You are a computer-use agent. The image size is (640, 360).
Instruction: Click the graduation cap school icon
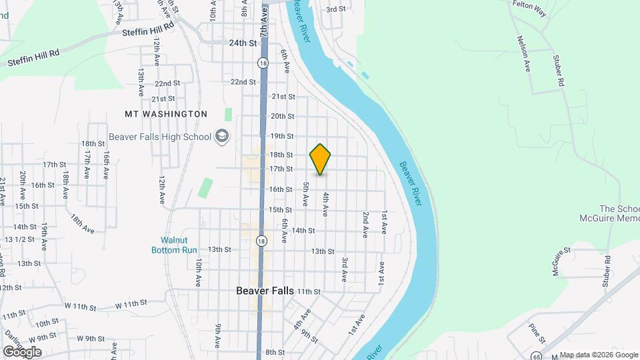[x=221, y=137]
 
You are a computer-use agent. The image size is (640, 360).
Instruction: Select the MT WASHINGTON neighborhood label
[x=166, y=114]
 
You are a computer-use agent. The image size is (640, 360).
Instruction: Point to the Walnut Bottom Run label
[x=179, y=245]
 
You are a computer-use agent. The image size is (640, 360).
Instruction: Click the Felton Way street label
[x=531, y=4]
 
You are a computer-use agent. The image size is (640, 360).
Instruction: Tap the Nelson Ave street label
[x=523, y=53]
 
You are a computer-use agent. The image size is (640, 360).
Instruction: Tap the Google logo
[x=22, y=351]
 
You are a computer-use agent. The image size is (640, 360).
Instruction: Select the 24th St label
[x=243, y=43]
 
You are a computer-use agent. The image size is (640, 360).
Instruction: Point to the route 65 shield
[x=536, y=355]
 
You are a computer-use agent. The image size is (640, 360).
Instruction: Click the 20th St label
[x=283, y=116]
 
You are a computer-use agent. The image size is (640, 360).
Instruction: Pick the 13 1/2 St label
[x=19, y=239]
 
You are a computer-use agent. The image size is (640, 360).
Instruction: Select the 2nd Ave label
[x=365, y=225]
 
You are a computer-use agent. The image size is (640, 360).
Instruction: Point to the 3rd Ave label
[x=345, y=267]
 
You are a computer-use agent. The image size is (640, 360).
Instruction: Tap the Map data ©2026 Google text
[x=599, y=355]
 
